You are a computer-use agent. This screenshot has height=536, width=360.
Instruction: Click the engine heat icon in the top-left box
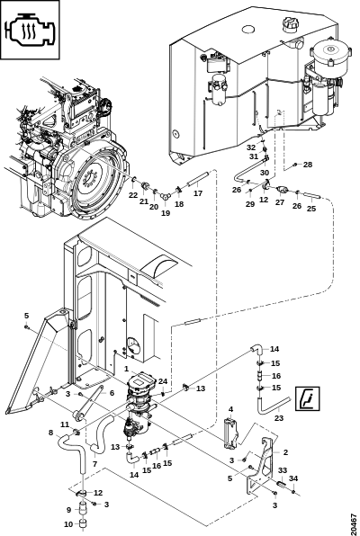tap(31, 30)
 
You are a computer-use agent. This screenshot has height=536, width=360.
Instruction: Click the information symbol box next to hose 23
tap(308, 398)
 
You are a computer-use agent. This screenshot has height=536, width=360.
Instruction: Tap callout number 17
tap(198, 193)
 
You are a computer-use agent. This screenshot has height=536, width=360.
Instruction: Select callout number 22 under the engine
tap(133, 195)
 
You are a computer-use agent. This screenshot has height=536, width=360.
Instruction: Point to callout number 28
tap(308, 165)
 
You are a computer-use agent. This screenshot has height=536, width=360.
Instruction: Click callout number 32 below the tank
tap(251, 147)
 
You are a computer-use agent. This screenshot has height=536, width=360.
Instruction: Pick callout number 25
tap(311, 208)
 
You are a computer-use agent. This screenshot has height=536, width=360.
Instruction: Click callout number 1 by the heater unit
tap(126, 369)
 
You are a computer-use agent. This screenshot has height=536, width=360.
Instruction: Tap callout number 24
tap(163, 381)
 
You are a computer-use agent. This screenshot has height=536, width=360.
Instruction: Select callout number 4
tap(231, 409)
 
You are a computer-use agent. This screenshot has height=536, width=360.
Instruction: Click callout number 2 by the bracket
tap(285, 452)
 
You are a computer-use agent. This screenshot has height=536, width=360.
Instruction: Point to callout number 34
tap(293, 478)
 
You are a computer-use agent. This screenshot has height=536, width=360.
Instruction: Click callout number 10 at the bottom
tap(68, 523)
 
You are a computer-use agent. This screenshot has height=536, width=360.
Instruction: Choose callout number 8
tap(50, 433)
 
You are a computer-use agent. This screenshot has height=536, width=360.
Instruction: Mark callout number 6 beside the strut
tap(112, 393)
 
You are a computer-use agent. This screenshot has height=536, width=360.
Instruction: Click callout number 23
tap(279, 417)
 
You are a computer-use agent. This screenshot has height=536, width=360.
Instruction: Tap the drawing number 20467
tap(355, 522)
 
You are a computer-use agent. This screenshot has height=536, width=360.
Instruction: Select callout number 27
tap(280, 202)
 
